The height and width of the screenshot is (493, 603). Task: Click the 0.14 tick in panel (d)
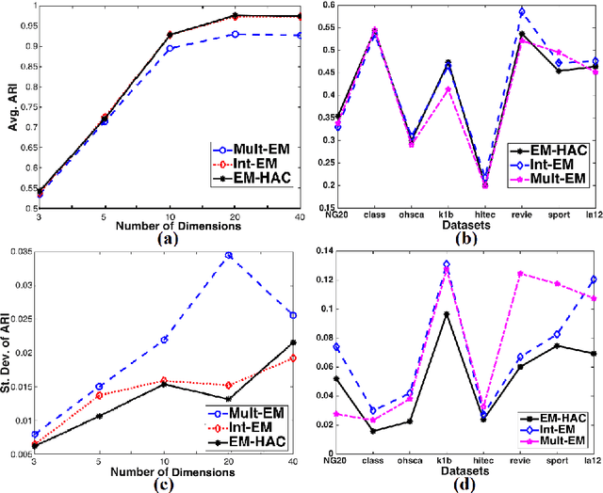[x=318, y=251]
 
